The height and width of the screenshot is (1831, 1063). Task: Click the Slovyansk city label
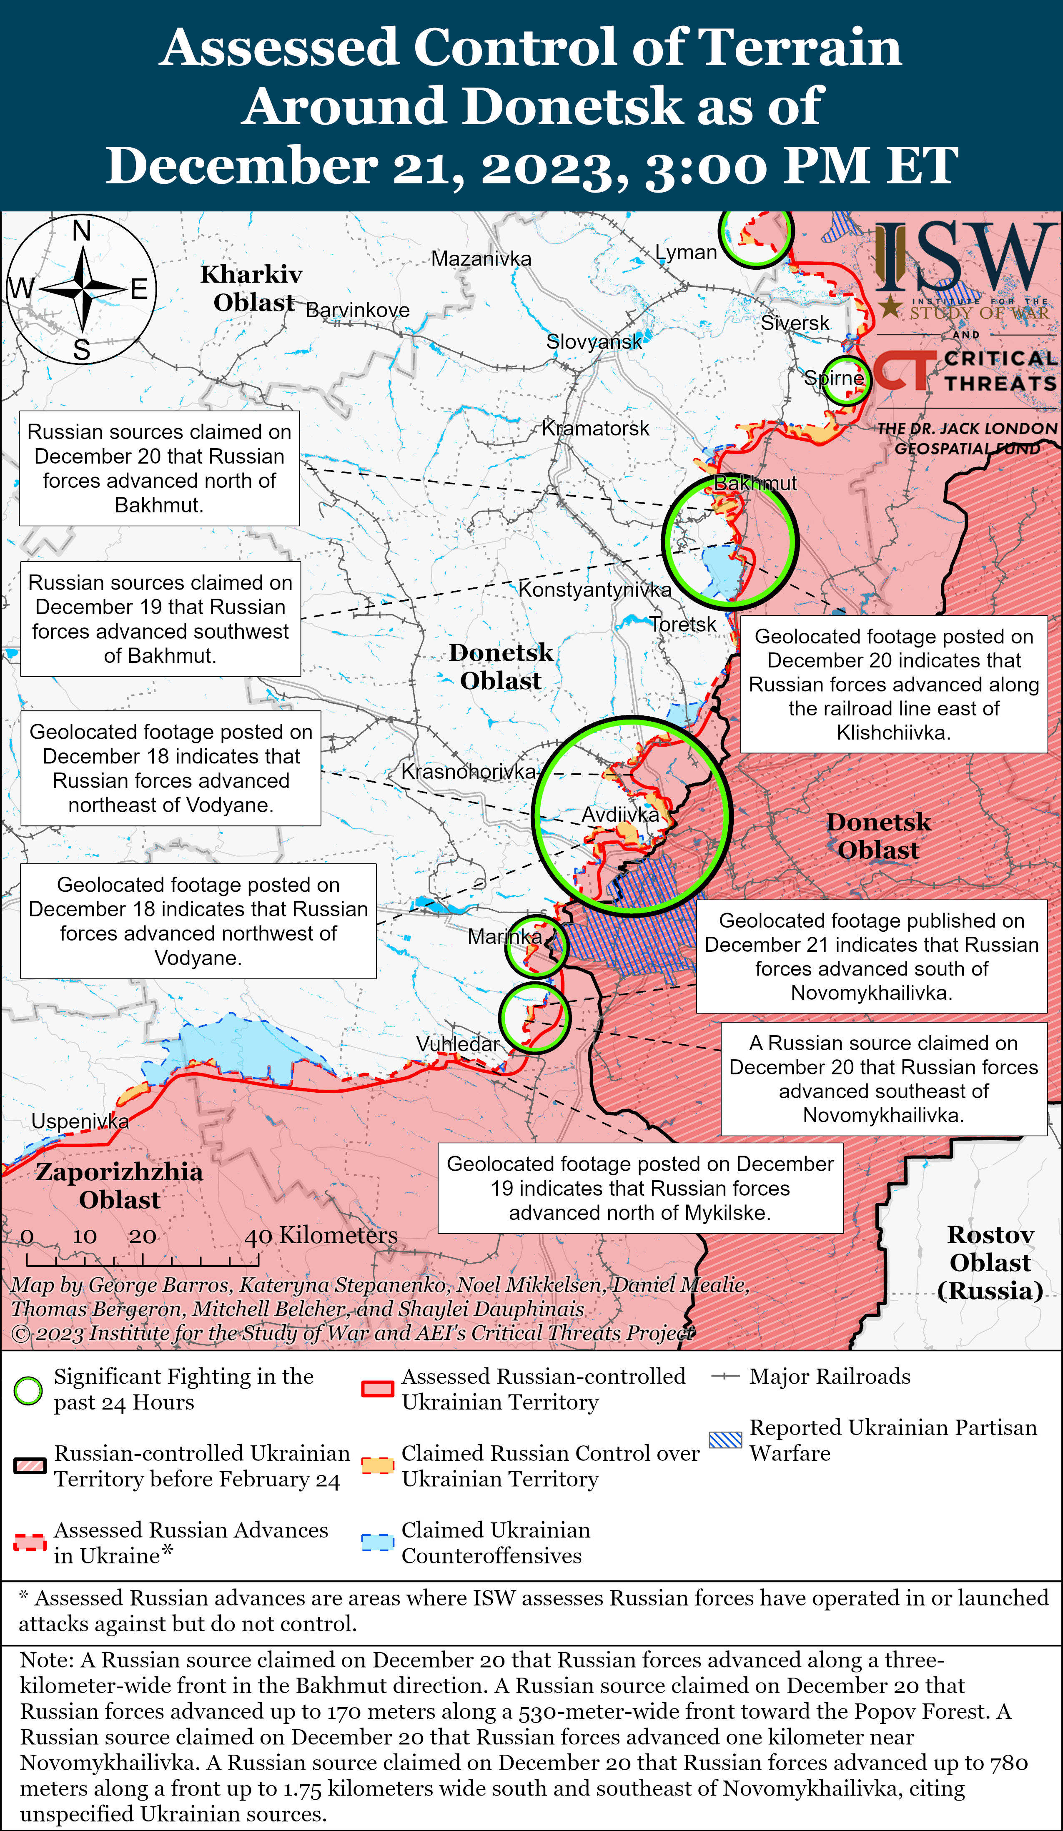(x=594, y=341)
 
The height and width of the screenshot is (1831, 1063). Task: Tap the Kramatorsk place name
(x=595, y=429)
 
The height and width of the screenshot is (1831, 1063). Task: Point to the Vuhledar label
(x=458, y=1044)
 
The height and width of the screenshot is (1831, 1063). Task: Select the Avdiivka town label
(x=620, y=815)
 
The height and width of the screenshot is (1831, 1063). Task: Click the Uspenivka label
(x=80, y=1121)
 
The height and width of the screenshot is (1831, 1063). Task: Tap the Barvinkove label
(x=358, y=310)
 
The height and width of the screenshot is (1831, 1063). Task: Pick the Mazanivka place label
(x=481, y=258)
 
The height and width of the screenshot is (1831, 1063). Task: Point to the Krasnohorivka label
(x=469, y=772)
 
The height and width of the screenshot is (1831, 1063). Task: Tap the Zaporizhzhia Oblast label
(x=119, y=1185)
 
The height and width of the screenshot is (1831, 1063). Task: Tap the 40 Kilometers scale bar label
(x=321, y=1235)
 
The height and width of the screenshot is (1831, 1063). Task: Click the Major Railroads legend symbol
(x=725, y=1376)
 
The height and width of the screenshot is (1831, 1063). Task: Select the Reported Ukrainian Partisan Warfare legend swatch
(x=725, y=1440)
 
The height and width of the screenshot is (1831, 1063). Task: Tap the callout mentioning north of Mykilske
(x=640, y=1188)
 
